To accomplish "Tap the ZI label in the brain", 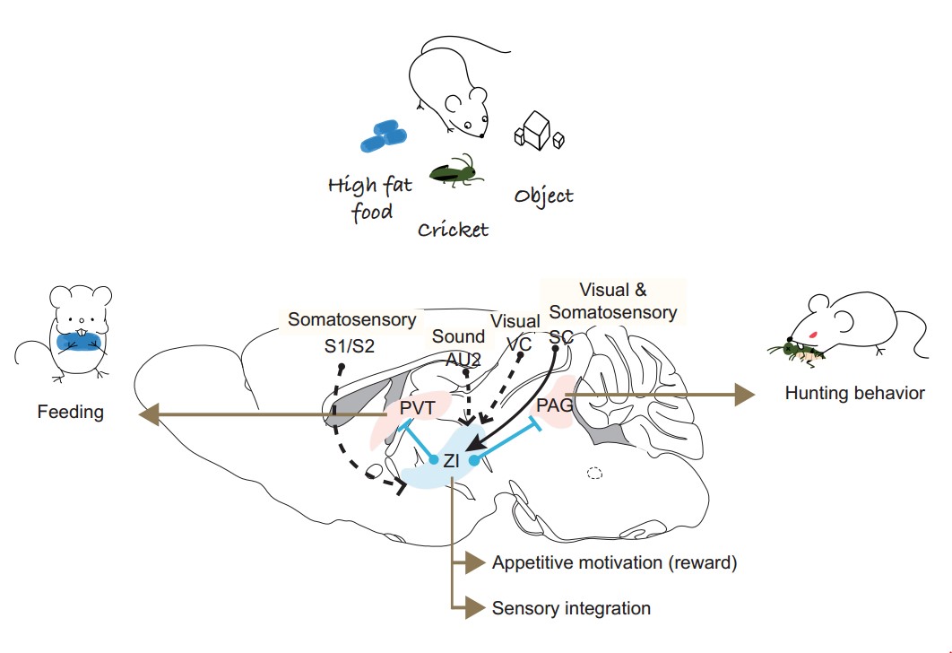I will click(x=452, y=463).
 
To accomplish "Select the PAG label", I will click(x=555, y=405).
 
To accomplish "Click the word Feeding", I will click(x=71, y=413).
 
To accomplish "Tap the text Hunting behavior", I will click(x=853, y=393).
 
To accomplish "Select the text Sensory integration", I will click(x=571, y=608).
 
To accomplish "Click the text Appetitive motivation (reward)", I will click(x=614, y=563).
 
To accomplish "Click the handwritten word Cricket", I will click(x=454, y=229).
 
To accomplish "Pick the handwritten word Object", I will click(x=543, y=195).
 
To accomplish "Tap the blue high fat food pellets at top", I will click(x=384, y=136).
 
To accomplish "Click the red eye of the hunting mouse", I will click(x=812, y=335).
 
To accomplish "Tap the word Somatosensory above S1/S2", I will click(x=352, y=319).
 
